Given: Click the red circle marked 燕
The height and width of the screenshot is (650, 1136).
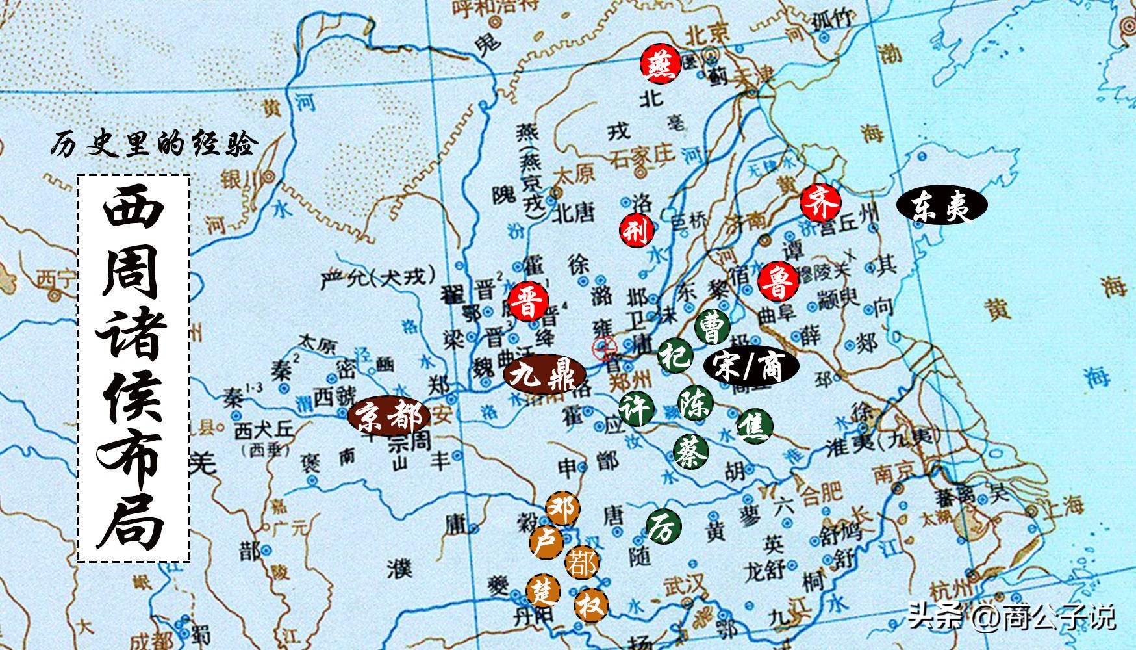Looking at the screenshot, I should coord(660,64).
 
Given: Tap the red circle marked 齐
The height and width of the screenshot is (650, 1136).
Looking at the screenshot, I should coord(820,203).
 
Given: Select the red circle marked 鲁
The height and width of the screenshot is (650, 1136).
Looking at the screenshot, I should coord(777,281).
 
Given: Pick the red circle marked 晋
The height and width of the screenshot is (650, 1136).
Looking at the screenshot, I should coord(529,302).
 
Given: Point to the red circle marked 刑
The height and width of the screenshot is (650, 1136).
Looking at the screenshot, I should coord(636,229).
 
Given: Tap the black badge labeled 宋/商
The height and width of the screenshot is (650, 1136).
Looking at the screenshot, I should coord(751,366).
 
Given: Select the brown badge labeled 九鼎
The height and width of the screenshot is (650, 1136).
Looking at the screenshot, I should coord(544,374).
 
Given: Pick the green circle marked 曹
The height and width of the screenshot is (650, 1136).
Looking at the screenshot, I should coord(712,327).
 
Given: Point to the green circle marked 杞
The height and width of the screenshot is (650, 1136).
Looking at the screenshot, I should coord(674,356).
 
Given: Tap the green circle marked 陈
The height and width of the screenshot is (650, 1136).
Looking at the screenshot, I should coord(695,403).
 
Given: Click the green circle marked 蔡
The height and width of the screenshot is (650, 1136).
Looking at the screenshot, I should coord(690,450).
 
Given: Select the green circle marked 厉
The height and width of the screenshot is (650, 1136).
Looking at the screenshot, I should coord(663,526).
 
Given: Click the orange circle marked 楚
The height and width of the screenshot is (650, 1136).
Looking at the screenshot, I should coord(543,590).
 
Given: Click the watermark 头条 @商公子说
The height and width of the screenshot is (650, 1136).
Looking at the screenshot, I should coord(1011,616).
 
